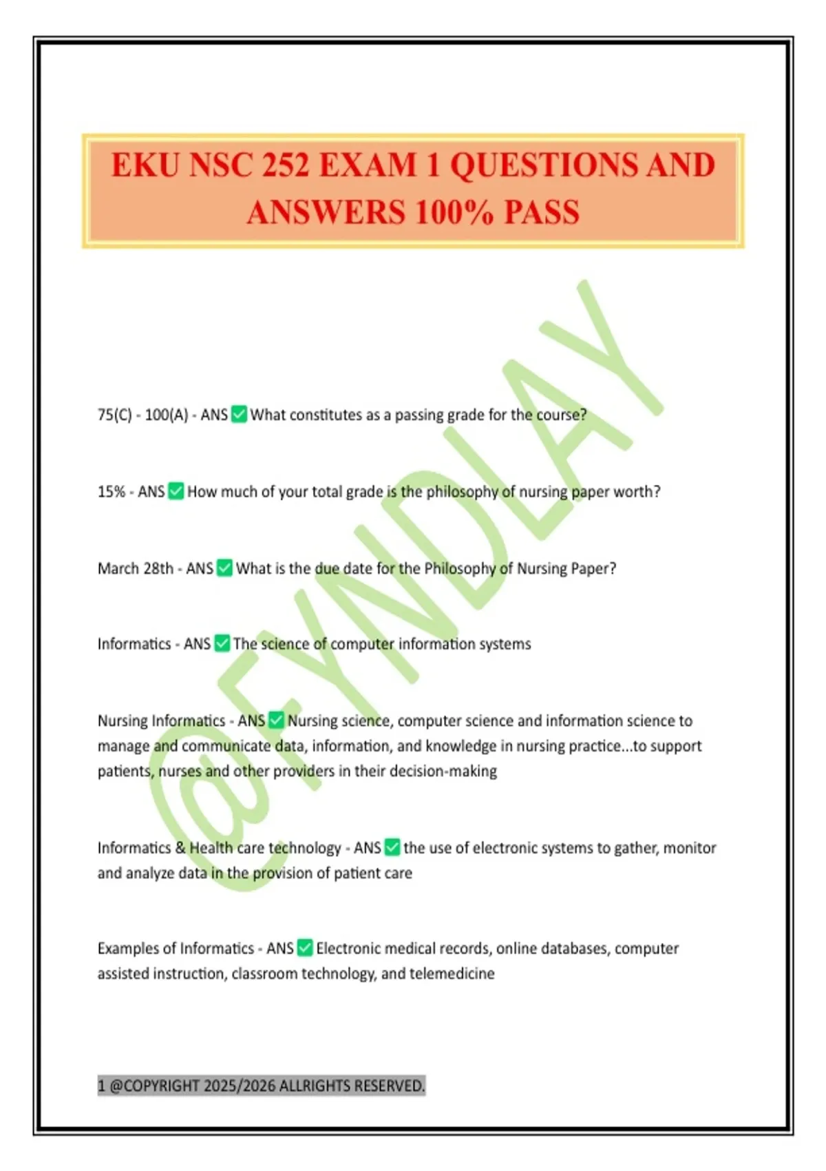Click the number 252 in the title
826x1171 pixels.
281,165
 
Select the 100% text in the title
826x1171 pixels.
454,211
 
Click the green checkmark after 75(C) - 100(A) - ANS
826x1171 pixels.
239,414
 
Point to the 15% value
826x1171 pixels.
111,492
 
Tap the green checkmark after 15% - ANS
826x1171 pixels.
176,491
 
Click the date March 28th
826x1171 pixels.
136,568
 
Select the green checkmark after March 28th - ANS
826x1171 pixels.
224,568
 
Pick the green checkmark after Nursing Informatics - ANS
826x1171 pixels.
276,720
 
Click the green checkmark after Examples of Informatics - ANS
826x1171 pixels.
304,948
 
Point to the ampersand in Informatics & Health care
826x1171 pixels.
180,847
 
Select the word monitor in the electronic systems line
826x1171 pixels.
690,847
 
